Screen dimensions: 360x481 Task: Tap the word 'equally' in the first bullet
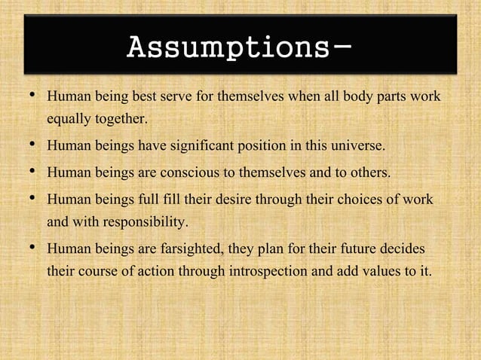point(66,119)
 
